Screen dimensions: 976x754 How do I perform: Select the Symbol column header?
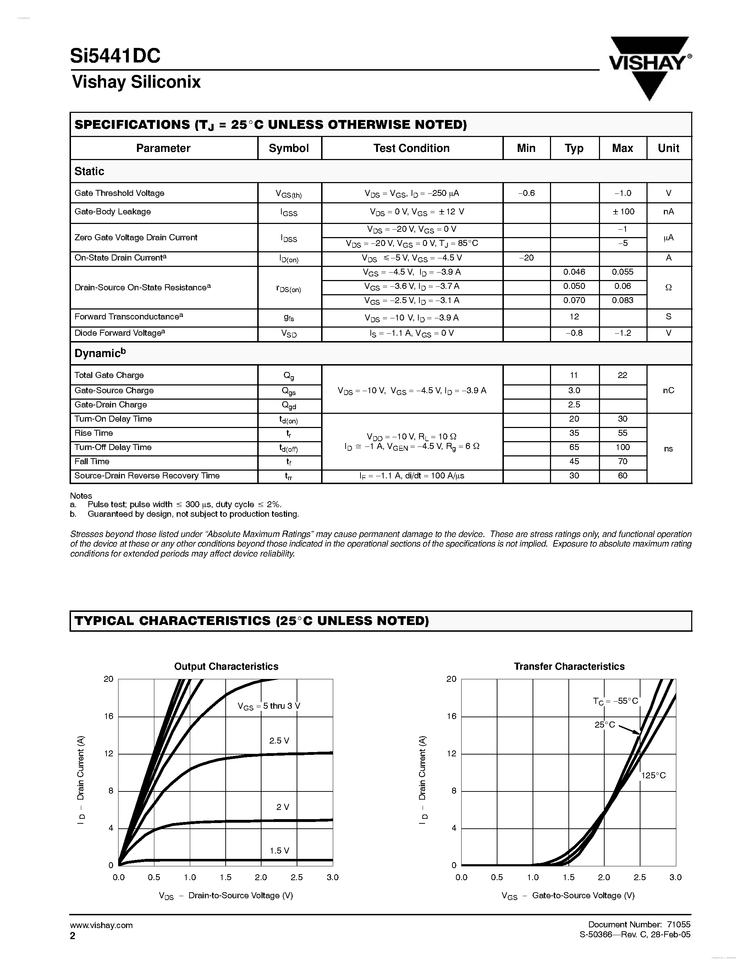pos(288,148)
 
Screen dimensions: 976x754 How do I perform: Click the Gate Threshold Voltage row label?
pos(119,193)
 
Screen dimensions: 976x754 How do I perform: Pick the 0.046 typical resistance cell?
pos(574,272)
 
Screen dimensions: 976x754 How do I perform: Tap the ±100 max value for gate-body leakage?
pos(623,212)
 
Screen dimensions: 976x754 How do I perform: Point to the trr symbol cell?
pos(288,476)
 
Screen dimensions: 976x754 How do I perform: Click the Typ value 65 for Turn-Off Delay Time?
pos(574,447)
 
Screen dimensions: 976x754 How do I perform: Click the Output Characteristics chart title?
pos(226,666)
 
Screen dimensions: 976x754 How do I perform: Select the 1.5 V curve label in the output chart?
pos(279,850)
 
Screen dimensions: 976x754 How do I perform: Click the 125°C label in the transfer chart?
pos(653,775)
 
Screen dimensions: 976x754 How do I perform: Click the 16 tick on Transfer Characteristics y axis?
pos(452,716)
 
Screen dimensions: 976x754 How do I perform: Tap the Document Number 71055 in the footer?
pos(639,924)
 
